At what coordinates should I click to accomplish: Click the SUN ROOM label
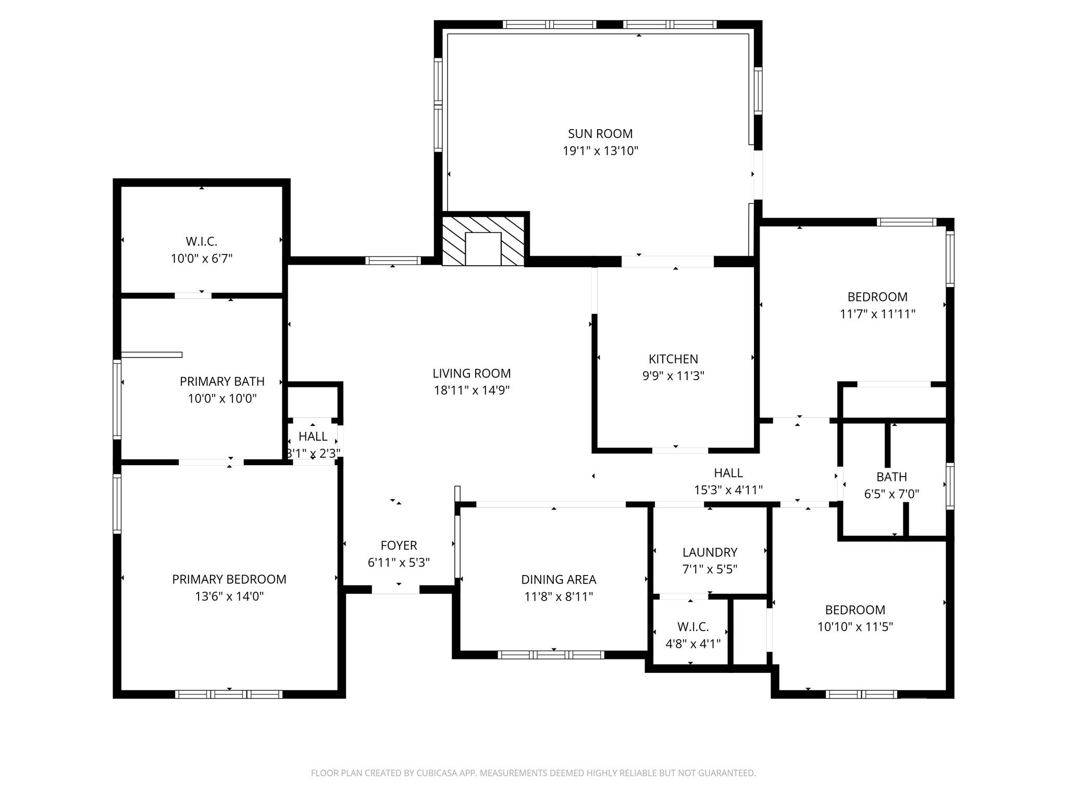(600, 134)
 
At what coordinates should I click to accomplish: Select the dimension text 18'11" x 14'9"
(472, 390)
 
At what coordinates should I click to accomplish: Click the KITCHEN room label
(673, 359)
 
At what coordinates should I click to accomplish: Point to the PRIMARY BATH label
(222, 381)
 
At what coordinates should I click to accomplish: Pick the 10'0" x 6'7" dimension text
(201, 258)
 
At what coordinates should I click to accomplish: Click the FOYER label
(399, 545)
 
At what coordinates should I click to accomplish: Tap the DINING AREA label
(559, 579)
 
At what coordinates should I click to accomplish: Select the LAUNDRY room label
(710, 552)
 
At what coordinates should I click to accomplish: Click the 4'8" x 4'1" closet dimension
(693, 644)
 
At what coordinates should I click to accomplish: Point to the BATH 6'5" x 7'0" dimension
(891, 494)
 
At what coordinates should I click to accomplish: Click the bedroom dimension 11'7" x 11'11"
(877, 314)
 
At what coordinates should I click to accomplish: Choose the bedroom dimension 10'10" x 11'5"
(855, 627)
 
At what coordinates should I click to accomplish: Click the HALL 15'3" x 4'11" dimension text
(728, 490)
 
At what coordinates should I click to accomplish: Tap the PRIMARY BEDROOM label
(229, 579)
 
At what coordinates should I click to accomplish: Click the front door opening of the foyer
(395, 590)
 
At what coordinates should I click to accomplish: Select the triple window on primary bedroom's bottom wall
(229, 694)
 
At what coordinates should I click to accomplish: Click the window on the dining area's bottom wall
(551, 655)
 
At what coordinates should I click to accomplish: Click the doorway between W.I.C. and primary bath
(193, 295)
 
